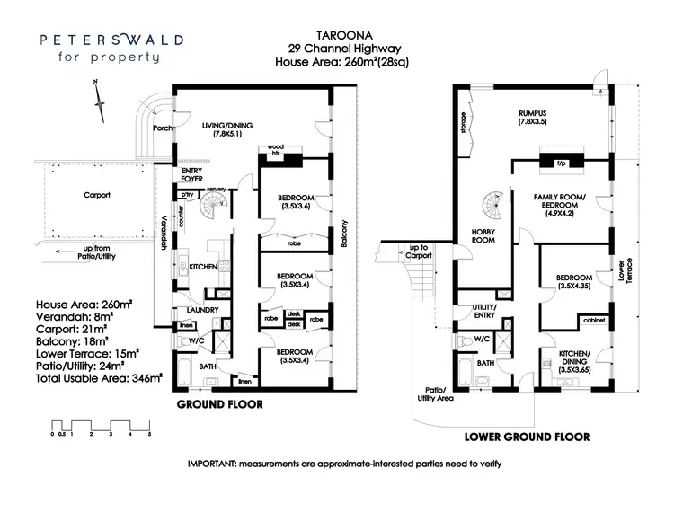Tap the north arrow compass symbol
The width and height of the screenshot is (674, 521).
96,90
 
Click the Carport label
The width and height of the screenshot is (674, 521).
97,193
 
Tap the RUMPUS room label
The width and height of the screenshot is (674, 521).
532,113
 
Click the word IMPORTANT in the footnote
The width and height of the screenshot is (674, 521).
218,464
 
